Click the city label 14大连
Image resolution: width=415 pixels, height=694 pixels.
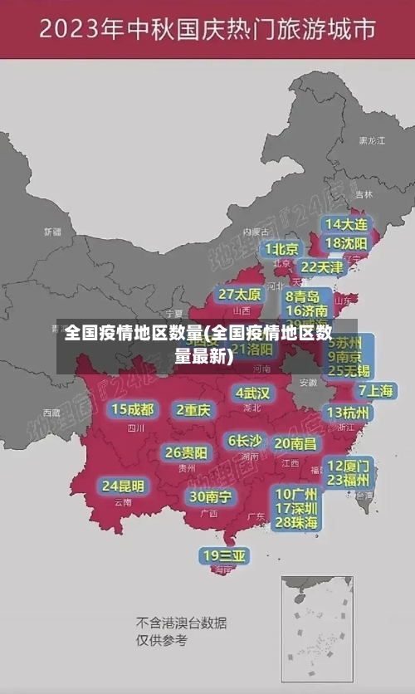(345, 224)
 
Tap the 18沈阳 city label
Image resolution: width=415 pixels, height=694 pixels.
(346, 243)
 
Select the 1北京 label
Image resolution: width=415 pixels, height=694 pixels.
(281, 249)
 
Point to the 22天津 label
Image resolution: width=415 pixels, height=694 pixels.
(321, 267)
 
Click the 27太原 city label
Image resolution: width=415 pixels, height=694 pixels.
(240, 295)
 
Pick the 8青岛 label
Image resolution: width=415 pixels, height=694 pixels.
(303, 296)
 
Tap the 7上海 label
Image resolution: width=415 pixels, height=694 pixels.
(375, 391)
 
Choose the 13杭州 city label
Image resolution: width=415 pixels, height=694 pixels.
(349, 413)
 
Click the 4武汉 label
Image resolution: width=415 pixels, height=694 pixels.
(252, 393)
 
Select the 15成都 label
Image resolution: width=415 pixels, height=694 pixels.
(132, 409)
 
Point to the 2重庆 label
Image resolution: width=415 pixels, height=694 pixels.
(193, 409)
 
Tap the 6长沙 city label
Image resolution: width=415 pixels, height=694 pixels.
(245, 441)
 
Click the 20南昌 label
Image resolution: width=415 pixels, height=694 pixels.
(295, 443)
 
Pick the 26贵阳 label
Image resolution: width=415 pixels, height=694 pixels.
(186, 453)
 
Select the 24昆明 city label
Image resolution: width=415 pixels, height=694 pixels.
(123, 486)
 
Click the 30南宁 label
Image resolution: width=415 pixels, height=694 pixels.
(210, 496)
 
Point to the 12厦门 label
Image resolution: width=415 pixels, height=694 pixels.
(349, 466)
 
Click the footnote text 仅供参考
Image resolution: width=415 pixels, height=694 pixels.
(162, 641)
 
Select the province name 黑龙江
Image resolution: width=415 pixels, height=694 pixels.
(371, 141)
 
